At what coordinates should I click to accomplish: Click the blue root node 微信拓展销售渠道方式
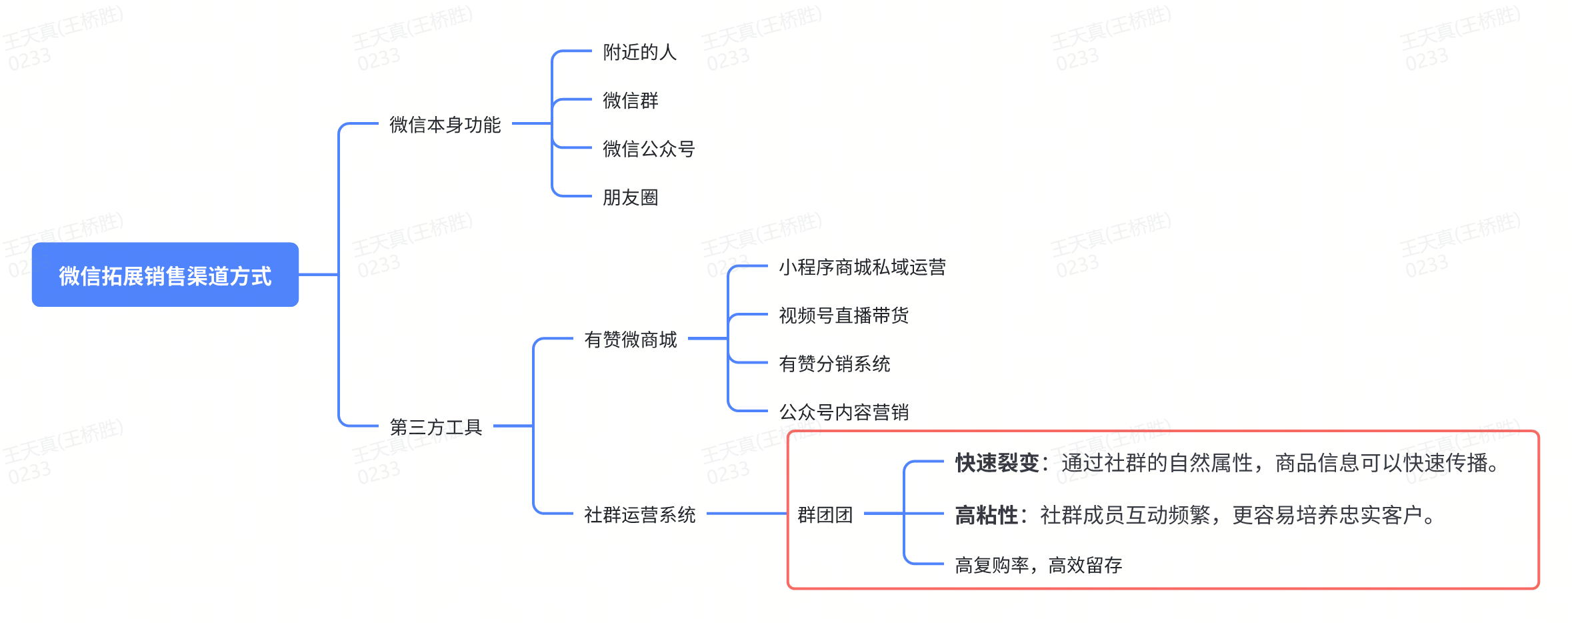[x=165, y=275]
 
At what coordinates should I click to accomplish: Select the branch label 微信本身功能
[x=445, y=125]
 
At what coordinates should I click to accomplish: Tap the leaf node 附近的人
[x=640, y=52]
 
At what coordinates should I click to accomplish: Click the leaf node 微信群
[x=631, y=101]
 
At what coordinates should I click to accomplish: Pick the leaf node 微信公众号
[x=649, y=149]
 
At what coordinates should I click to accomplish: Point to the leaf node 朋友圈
[x=631, y=197]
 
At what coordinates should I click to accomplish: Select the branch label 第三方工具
[x=436, y=427]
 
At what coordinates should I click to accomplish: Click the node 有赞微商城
[x=631, y=340]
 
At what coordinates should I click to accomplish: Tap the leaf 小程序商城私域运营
[x=863, y=267]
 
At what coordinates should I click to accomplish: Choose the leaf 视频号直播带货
[x=844, y=316]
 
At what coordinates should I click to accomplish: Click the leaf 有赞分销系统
[x=835, y=364]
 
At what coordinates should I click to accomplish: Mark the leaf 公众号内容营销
[x=844, y=412]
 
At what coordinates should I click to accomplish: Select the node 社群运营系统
[x=640, y=515]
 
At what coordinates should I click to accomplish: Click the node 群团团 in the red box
[x=825, y=515]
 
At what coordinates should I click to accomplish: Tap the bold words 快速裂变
[x=997, y=463]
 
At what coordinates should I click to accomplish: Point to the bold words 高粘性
[x=987, y=515]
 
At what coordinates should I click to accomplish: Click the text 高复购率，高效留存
[x=1039, y=566]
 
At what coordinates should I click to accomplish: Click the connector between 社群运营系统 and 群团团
[x=747, y=514]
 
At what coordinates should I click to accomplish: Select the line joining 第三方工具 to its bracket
[x=513, y=426]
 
